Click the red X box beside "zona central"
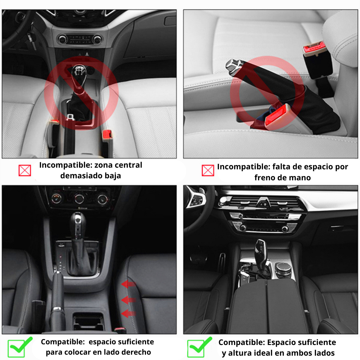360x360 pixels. point(25,170)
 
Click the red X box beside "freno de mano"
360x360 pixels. point(208,170)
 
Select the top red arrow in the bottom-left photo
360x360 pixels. point(128,284)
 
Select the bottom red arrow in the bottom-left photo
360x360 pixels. point(128,313)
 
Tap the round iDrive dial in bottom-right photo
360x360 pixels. point(283,267)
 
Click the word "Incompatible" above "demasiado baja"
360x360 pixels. point(65,165)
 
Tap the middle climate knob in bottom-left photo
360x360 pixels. point(79,199)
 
